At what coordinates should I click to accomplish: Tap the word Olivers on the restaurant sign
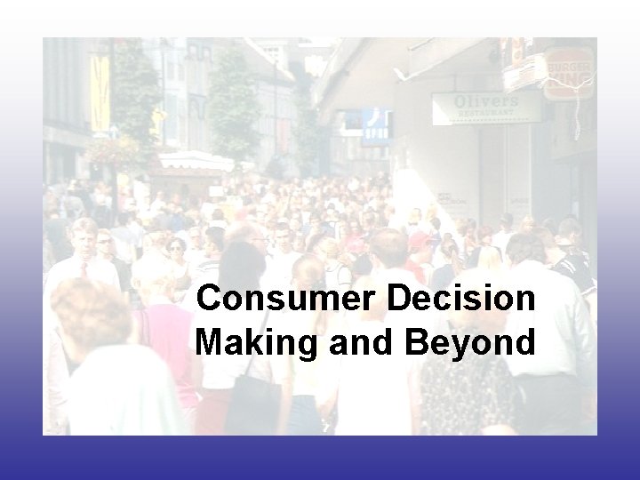tap(486, 101)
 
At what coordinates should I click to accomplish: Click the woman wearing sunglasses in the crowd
tap(175, 246)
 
